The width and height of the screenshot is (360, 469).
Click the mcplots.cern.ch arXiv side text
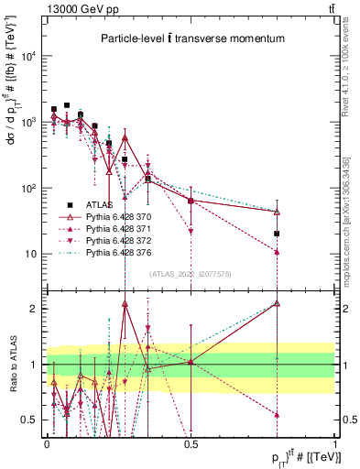click(x=352, y=229)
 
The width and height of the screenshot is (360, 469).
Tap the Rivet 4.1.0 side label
click(x=352, y=73)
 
